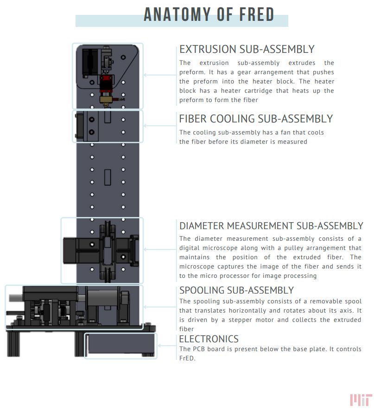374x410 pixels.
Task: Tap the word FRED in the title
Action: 255,15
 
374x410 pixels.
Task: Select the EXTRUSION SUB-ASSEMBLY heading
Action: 247,49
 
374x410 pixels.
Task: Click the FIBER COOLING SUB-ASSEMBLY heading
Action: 256,119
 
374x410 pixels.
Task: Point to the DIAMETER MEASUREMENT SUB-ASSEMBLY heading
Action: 271,226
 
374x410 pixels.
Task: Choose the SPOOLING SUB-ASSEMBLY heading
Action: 236,290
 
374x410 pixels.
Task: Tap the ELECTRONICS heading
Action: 209,339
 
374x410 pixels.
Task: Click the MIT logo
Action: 361,399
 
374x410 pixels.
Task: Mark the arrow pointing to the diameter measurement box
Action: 160,249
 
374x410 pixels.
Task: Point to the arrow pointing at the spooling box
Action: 160,307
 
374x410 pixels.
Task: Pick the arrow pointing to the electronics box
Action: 167,346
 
